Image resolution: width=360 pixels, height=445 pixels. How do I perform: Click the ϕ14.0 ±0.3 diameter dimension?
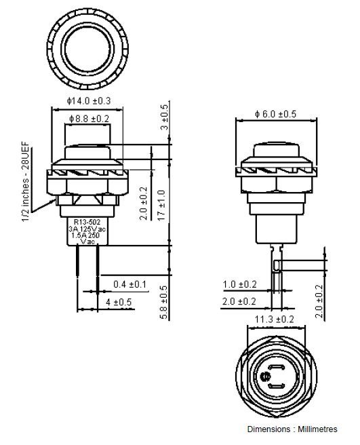pyautogui.click(x=89, y=101)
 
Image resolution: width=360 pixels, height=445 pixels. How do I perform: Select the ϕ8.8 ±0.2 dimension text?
pyautogui.click(x=89, y=119)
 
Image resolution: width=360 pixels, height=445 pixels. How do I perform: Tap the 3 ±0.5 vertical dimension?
pyautogui.click(x=165, y=117)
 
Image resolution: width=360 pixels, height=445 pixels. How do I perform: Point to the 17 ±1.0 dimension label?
pyautogui.click(x=161, y=205)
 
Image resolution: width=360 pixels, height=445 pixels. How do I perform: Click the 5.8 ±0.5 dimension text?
pyautogui.click(x=164, y=303)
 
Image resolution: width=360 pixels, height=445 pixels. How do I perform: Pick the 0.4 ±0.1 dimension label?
pyautogui.click(x=129, y=284)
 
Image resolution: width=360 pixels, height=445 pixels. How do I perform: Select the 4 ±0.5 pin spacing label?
pyautogui.click(x=119, y=302)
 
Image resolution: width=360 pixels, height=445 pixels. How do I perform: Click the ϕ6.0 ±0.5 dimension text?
pyautogui.click(x=275, y=114)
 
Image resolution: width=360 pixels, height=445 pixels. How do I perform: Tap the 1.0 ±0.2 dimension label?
pyautogui.click(x=240, y=284)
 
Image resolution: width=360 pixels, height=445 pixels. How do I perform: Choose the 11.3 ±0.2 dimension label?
pyautogui.click(x=275, y=320)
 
